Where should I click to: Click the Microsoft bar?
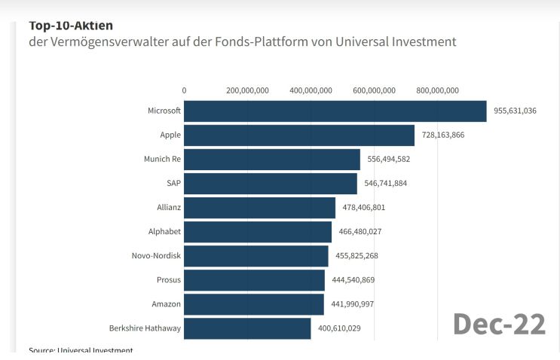coord(335,111)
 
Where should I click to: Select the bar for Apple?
coord(298,136)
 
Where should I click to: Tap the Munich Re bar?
coord(271,160)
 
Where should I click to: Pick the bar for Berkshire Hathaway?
coord(247,328)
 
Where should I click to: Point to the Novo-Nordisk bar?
coord(256,256)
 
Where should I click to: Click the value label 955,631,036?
coord(515,111)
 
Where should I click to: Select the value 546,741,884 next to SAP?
coord(389,184)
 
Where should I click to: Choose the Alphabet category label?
coord(164,232)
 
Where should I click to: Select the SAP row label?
coord(173,184)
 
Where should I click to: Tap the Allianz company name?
coord(167,208)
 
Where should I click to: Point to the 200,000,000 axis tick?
coord(247,90)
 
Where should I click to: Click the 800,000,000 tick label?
coord(437,90)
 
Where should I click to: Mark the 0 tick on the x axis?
coord(184,90)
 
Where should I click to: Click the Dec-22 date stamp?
coord(499,324)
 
